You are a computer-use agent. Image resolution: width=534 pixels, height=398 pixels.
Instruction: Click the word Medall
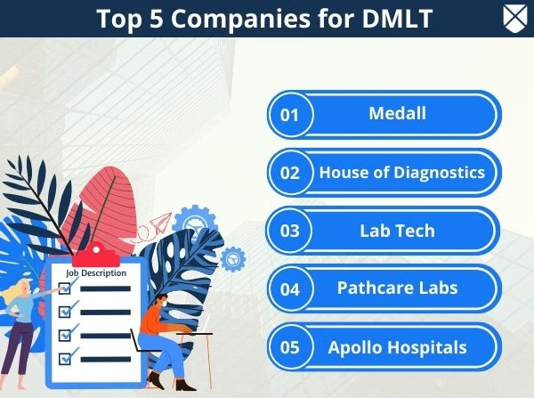[x=397, y=114]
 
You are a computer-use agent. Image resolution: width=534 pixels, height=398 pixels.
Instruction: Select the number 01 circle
[x=290, y=115]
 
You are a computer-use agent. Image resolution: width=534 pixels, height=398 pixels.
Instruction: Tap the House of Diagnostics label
[x=401, y=172]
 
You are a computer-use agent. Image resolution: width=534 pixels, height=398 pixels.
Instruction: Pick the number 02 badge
[x=290, y=173]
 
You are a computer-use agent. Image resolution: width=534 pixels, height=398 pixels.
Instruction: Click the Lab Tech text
[x=397, y=231]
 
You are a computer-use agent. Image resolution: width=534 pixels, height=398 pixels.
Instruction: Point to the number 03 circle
[x=290, y=231]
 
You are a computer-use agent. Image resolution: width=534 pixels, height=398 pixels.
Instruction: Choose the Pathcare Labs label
[x=397, y=288]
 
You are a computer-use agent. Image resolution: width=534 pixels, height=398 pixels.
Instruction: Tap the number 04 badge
[x=290, y=289]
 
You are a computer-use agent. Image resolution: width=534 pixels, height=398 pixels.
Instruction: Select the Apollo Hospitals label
[x=397, y=346]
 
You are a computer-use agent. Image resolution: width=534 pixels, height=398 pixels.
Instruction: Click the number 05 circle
[x=290, y=347]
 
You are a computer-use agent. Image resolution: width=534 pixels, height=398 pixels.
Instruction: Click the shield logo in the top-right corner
[x=513, y=17]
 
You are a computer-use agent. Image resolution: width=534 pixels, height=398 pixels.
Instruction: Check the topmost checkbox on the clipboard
[x=64, y=288]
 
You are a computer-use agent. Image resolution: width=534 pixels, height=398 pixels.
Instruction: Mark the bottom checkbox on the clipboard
[x=64, y=359]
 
